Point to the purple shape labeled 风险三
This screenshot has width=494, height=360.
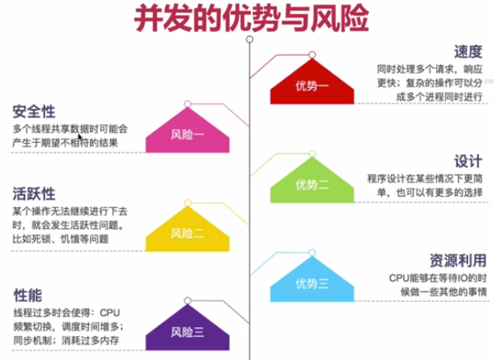pyautogui.click(x=187, y=331)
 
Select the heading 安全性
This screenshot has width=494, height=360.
pyautogui.click(x=33, y=112)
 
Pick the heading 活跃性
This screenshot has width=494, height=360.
pyautogui.click(x=33, y=194)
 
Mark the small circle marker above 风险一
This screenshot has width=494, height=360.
pyautogui.click(x=188, y=103)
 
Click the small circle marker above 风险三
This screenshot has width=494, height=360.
pyautogui.click(x=187, y=303)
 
